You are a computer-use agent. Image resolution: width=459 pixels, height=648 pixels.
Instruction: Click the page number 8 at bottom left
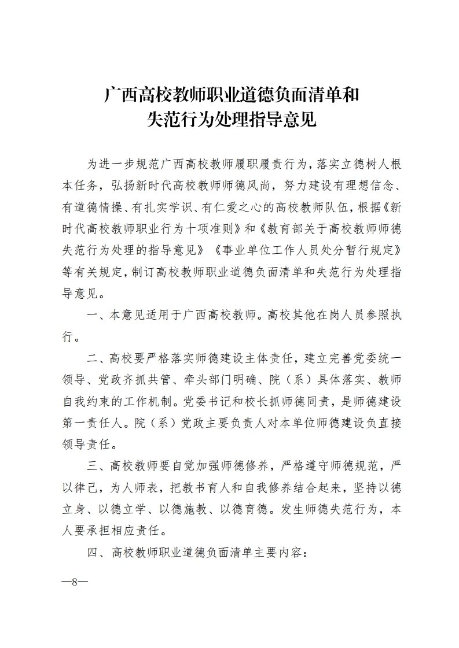pos(74,581)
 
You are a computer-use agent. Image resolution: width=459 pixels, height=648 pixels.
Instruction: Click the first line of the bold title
pos(231,94)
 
